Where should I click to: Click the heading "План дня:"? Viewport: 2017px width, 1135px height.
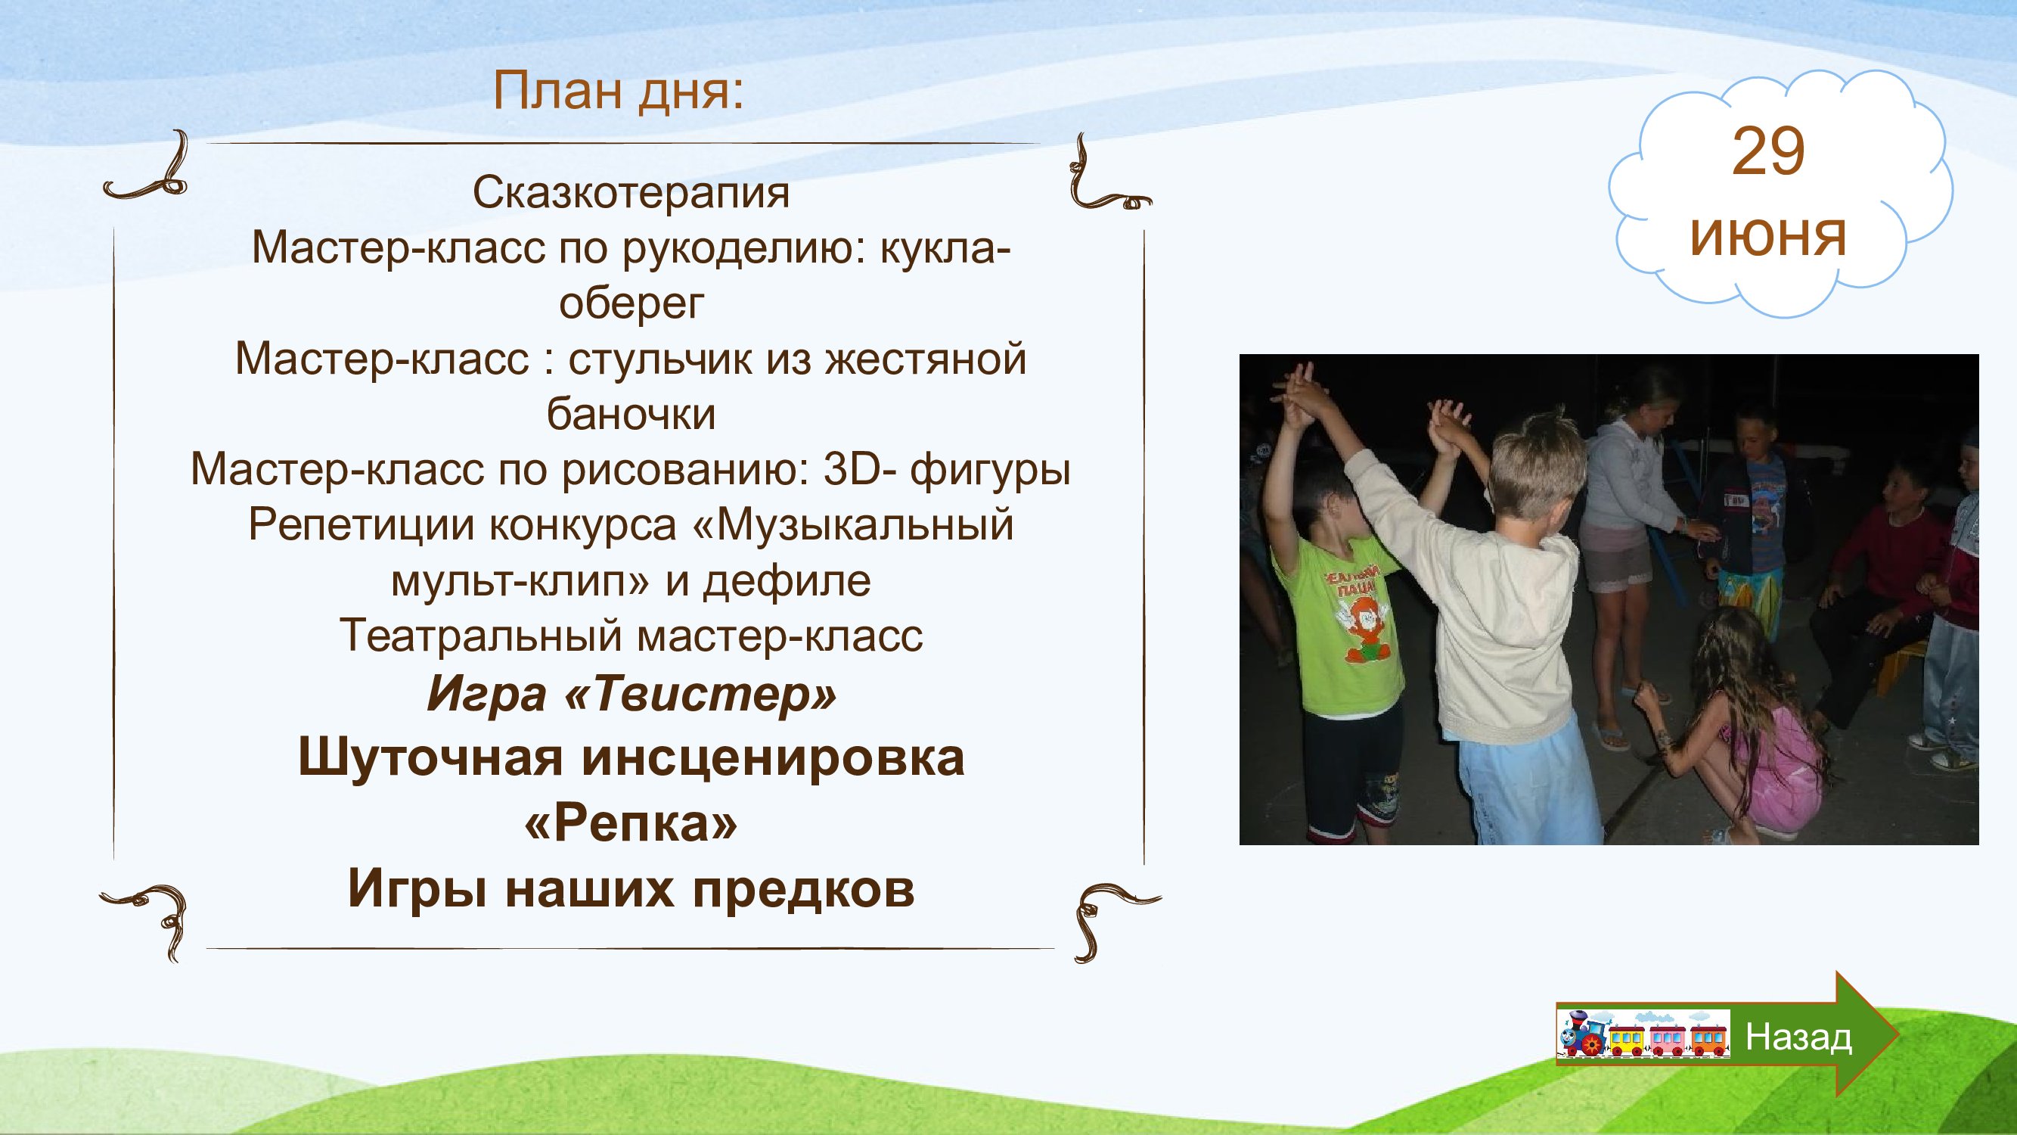pos(618,92)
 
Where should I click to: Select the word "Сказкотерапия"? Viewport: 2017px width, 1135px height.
pos(631,193)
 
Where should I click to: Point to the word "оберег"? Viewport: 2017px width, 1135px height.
pos(631,303)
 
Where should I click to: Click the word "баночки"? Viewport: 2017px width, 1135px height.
pos(631,414)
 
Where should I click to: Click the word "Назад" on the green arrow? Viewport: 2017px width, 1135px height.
pos(1798,1037)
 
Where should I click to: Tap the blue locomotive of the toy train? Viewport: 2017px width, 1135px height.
pos(1582,1033)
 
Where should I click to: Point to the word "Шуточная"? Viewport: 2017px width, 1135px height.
pos(430,758)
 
